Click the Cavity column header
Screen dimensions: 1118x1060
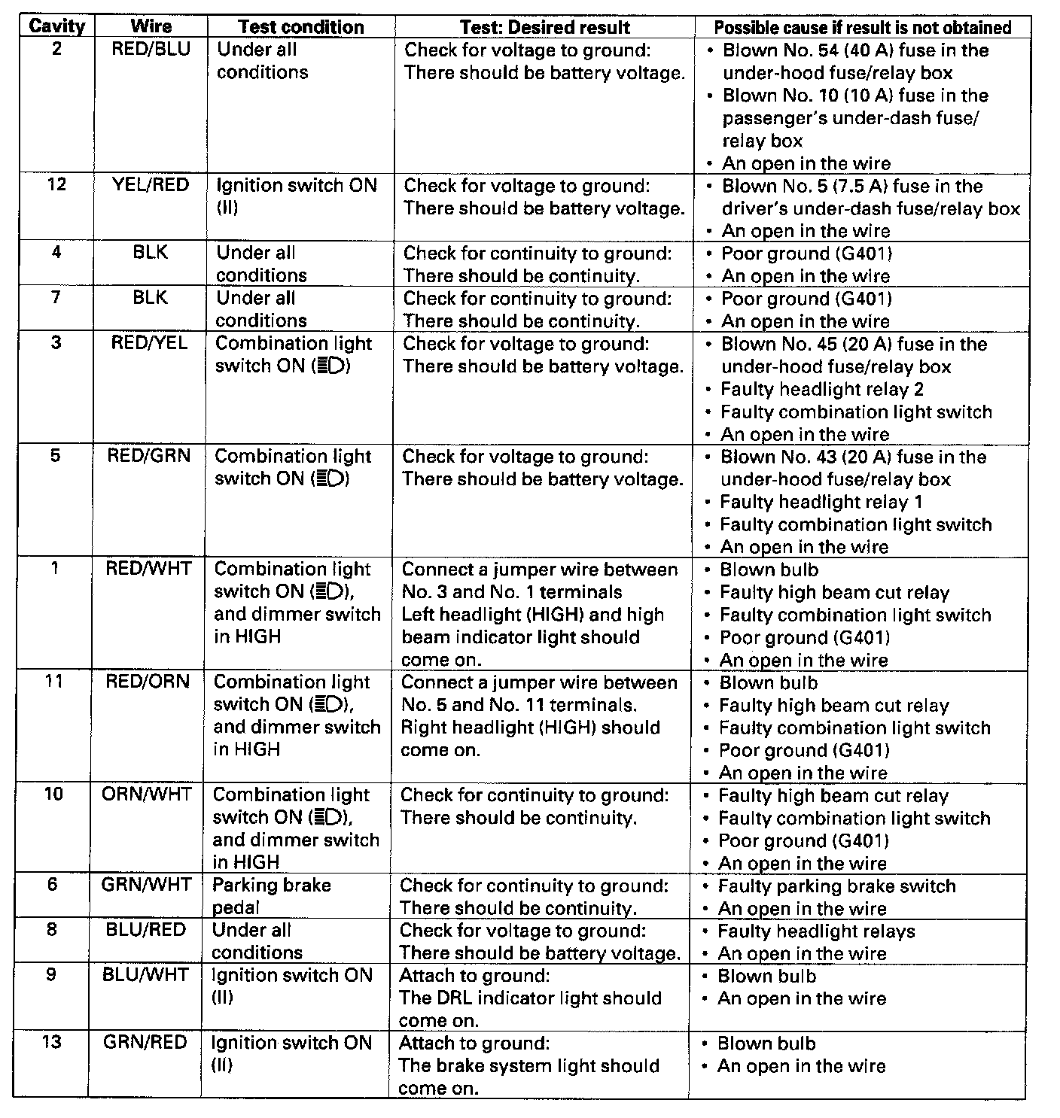click(56, 26)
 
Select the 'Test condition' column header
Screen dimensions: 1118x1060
click(300, 27)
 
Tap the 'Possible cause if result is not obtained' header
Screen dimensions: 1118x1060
click(862, 28)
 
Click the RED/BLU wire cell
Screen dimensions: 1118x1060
click(151, 50)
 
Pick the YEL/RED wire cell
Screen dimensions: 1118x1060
click(151, 185)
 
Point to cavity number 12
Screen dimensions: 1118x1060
click(56, 184)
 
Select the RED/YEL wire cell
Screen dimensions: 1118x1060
click(150, 343)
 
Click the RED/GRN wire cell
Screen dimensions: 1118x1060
click(149, 456)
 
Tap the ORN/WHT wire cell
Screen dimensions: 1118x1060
click(147, 794)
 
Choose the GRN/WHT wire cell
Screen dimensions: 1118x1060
click(146, 885)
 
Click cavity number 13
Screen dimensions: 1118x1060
click(51, 1043)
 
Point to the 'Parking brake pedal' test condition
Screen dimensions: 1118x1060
click(271, 896)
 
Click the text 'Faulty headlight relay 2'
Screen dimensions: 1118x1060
click(821, 390)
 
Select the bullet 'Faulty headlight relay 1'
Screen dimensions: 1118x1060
click(821, 503)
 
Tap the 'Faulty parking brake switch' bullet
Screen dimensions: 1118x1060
click(836, 886)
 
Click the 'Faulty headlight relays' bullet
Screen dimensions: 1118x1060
click(816, 931)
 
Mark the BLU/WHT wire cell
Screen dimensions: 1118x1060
click(145, 975)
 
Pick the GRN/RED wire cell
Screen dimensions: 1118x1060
click(145, 1043)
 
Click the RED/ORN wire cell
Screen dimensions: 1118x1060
click(148, 682)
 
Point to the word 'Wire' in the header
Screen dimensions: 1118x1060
click(151, 26)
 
